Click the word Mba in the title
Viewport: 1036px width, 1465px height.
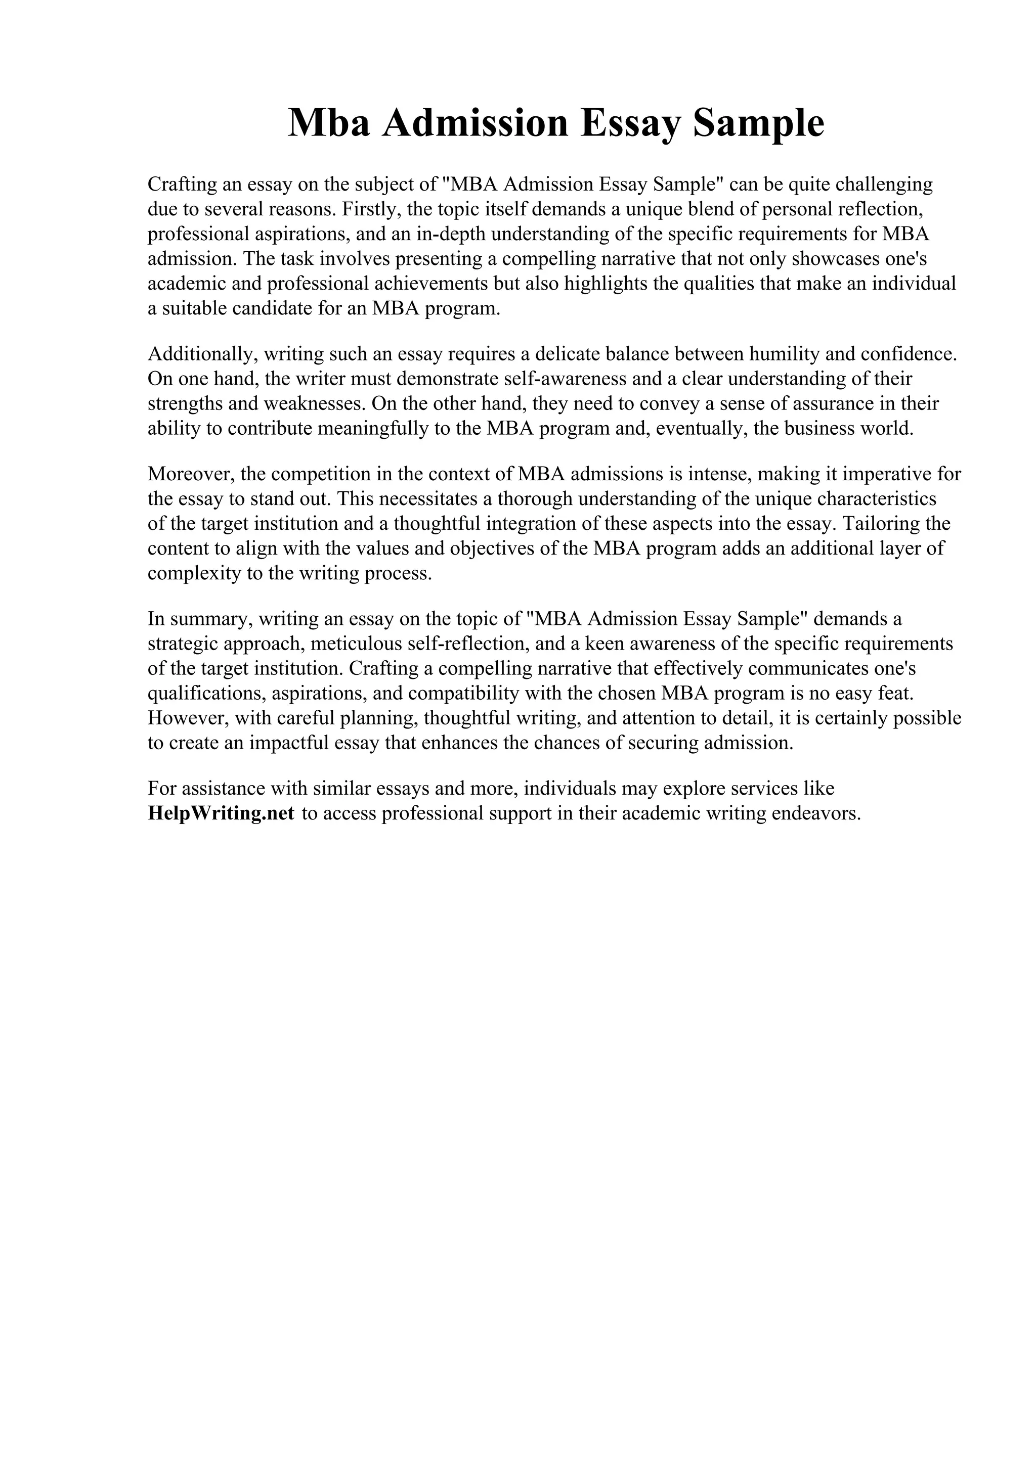(x=329, y=123)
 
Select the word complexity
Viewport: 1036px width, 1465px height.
(x=193, y=573)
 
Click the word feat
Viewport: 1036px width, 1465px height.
(x=889, y=693)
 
